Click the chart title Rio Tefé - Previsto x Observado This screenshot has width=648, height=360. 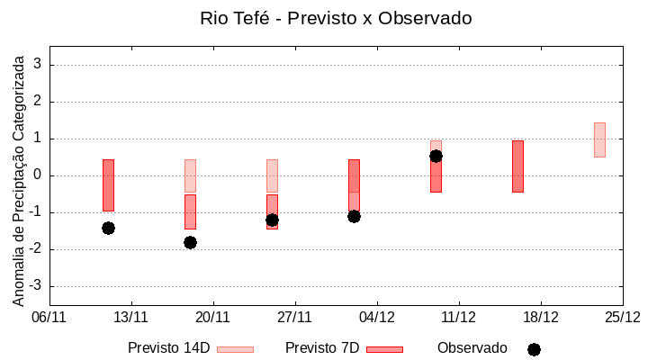336,18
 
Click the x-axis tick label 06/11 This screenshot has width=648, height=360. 49,317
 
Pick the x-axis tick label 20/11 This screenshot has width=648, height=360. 213,317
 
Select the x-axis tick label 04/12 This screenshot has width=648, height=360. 377,317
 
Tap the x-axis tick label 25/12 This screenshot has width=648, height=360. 622,317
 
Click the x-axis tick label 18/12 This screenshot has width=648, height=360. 541,317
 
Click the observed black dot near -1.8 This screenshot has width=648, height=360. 190,242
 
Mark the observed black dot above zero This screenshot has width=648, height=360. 436,156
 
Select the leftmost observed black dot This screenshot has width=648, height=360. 108,228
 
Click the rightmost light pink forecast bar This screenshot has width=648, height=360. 599,139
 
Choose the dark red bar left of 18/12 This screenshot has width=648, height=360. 517,166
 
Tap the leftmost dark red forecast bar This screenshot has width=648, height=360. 108,184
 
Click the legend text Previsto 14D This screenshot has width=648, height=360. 169,348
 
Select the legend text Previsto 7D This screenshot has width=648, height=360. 322,348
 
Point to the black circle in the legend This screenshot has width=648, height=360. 534,349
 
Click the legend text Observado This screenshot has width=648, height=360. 472,348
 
